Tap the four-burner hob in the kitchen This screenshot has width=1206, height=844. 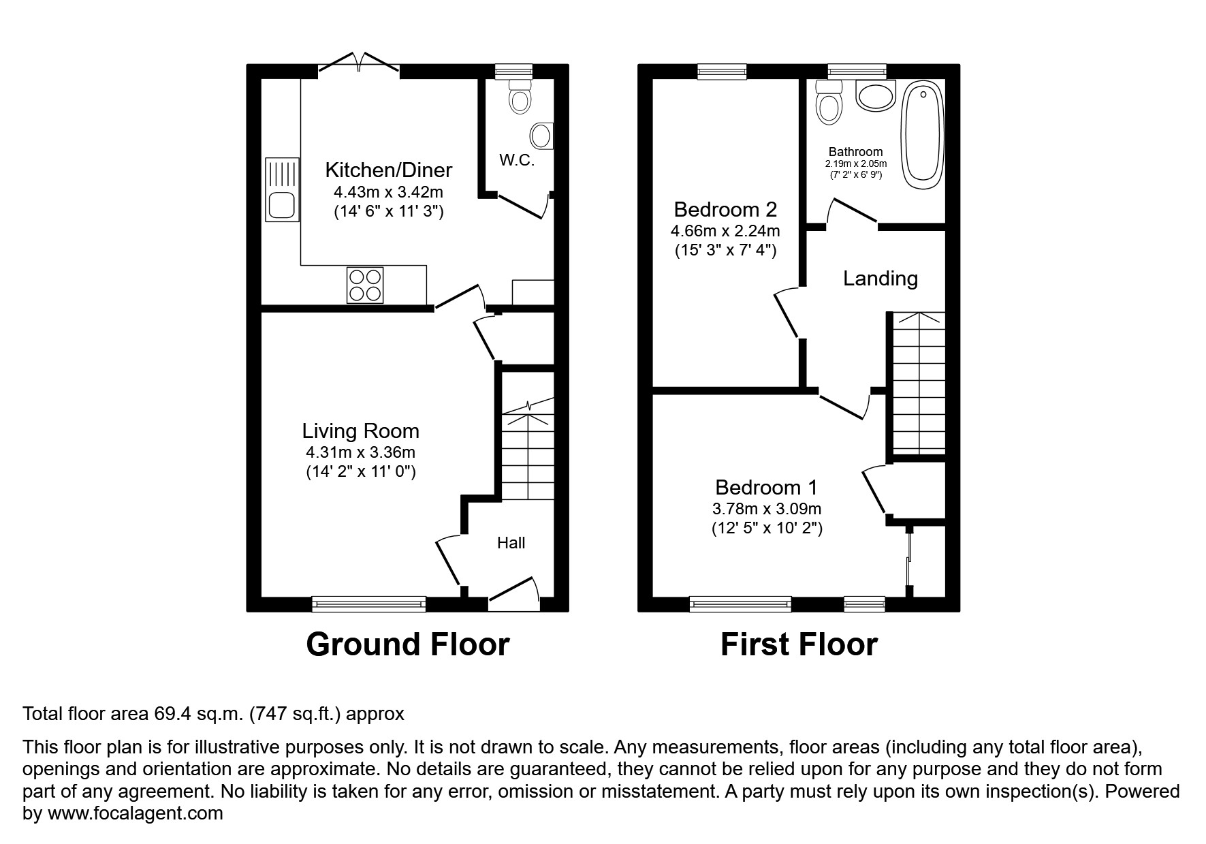(x=365, y=285)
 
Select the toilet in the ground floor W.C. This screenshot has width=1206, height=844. (x=520, y=96)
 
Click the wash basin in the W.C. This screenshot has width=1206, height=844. (x=542, y=136)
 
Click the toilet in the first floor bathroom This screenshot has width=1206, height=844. (x=829, y=103)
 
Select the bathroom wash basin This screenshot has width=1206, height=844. (x=875, y=96)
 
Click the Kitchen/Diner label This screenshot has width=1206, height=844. (x=388, y=170)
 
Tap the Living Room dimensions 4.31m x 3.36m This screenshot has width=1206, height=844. (x=360, y=452)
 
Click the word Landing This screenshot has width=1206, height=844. (x=880, y=278)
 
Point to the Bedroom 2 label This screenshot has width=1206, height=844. (x=725, y=209)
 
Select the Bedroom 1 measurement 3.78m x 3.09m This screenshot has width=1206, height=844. (x=766, y=508)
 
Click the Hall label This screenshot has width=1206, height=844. (x=511, y=543)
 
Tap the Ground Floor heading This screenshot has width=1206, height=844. (x=407, y=644)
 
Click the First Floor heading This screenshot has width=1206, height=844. (x=799, y=644)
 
